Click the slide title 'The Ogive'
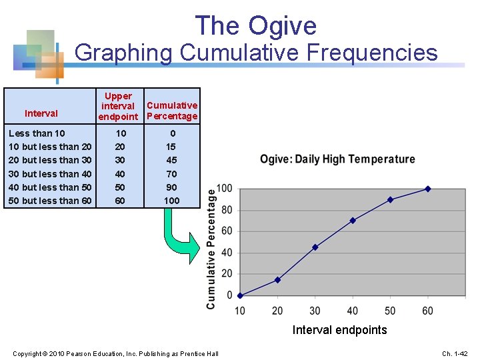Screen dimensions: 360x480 click(256, 26)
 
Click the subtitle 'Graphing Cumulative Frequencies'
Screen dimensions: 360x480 click(256, 53)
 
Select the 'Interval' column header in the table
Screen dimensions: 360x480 click(41, 113)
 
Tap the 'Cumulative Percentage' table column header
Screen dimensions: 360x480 click(172, 111)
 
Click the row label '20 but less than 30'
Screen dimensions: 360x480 click(50, 160)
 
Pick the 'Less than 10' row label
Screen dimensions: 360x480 click(37, 133)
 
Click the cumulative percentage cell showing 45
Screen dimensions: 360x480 click(172, 160)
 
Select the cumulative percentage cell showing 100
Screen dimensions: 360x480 click(172, 201)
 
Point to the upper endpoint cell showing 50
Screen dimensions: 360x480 click(120, 187)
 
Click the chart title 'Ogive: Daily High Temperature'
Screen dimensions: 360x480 click(337, 159)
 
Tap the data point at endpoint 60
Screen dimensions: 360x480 click(427, 189)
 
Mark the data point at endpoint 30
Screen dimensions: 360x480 click(315, 247)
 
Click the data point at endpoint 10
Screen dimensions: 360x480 click(240, 295)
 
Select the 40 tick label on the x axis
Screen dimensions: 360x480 click(352, 311)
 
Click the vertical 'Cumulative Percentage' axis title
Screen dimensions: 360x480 click(211, 248)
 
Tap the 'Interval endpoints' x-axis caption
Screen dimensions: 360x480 click(339, 330)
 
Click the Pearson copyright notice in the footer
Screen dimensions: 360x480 click(115, 353)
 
